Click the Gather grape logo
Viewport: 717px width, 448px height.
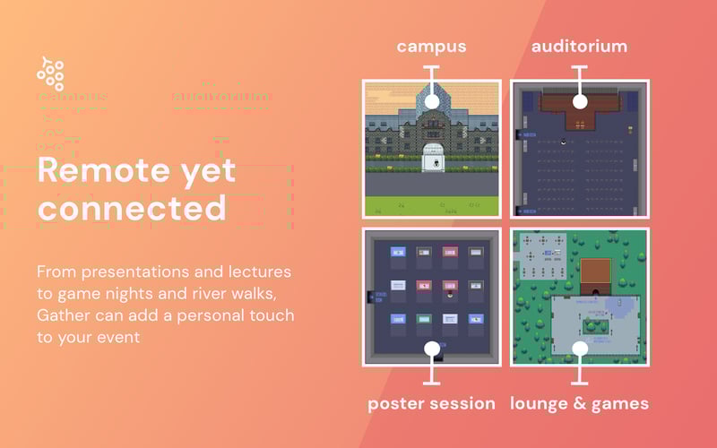point(50,73)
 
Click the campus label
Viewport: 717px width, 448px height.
point(431,46)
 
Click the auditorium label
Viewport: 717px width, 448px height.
point(579,46)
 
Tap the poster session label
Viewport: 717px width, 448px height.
point(431,403)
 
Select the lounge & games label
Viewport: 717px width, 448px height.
point(579,403)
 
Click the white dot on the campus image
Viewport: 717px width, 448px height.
point(431,101)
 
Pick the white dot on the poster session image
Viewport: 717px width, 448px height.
point(431,348)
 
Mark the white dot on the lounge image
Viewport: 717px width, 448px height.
point(579,348)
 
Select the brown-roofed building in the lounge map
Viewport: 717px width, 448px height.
point(595,273)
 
